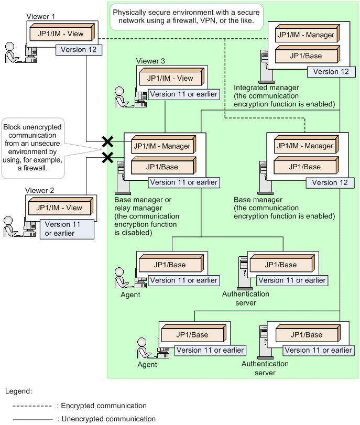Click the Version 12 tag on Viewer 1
[x=79, y=50]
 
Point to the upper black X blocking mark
[x=107, y=141]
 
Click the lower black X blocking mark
[x=107, y=157]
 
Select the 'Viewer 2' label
[x=39, y=191]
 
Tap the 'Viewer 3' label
[x=150, y=61]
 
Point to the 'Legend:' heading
[x=19, y=391]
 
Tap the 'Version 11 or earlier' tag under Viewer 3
[x=183, y=94]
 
